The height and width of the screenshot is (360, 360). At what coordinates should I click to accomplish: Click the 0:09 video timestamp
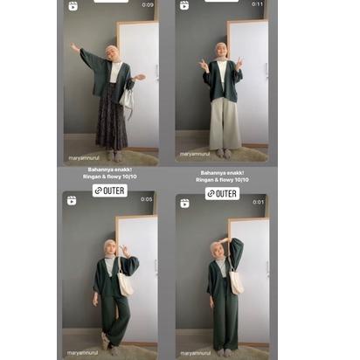coord(148,5)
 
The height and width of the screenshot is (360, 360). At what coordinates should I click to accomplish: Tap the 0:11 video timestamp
coord(258,5)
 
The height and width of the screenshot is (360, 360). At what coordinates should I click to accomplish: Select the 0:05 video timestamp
coord(147,199)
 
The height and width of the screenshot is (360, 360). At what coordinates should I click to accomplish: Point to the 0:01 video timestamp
coord(258,202)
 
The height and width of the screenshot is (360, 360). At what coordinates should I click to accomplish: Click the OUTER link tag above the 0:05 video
coord(110,190)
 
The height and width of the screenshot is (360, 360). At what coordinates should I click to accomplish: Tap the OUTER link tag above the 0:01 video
coord(222,193)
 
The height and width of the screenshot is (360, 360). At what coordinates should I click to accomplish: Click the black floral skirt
coord(111,118)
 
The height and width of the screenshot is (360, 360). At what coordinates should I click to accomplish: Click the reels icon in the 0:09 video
coord(73,6)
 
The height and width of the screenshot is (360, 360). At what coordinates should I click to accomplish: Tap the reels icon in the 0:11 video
coord(184,6)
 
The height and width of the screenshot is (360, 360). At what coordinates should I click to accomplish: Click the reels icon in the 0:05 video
coord(73,200)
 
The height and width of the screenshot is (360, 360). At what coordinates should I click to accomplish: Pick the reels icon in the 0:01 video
coord(184,203)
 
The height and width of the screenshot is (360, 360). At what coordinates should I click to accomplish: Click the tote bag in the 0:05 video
coord(126,281)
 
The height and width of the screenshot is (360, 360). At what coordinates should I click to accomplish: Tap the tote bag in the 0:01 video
coord(236,278)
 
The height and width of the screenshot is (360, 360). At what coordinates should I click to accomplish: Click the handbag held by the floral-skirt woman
coord(128,102)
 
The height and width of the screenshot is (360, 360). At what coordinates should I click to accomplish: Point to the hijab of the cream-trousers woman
coord(222,53)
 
